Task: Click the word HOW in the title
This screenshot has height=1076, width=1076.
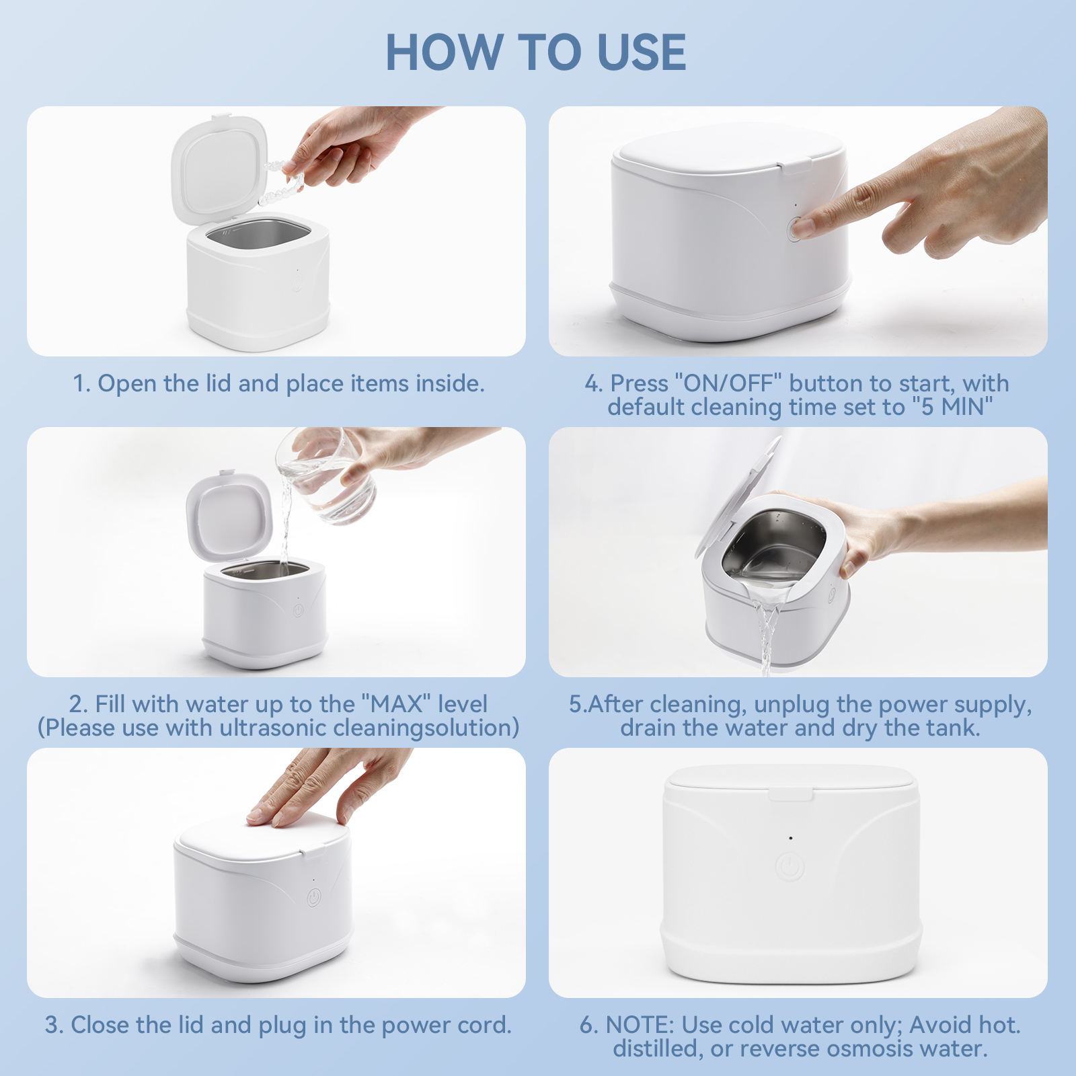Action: tap(444, 52)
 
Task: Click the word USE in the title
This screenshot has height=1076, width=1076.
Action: tap(642, 52)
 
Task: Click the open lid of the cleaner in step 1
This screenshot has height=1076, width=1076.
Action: tap(220, 168)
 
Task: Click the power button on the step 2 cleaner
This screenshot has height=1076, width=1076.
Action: tap(298, 611)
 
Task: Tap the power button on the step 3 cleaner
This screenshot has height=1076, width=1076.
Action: tap(313, 898)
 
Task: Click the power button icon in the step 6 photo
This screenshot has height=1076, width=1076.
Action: tap(790, 867)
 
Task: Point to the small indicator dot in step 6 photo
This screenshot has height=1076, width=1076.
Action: tap(790, 838)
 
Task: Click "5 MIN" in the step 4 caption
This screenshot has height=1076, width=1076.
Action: tap(953, 407)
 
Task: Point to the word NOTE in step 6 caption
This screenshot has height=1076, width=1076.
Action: tap(640, 1025)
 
